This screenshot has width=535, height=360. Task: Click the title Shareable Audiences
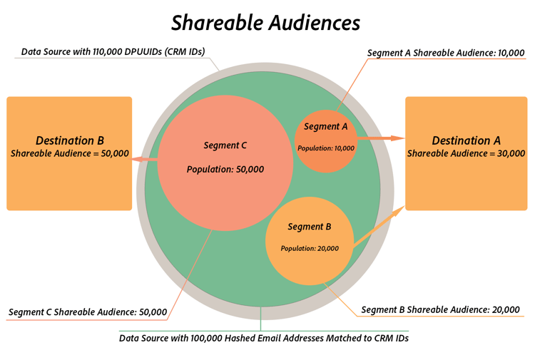point(265,23)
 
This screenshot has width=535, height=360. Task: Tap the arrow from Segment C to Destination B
point(146,160)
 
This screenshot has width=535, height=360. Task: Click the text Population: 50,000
point(225,170)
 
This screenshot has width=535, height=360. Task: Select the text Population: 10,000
point(325,148)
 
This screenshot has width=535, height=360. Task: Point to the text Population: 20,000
point(309,248)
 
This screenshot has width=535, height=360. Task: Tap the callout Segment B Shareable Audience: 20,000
point(441,309)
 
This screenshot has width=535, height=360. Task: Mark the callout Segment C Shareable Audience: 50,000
point(88,312)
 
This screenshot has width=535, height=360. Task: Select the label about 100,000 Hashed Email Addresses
point(263,338)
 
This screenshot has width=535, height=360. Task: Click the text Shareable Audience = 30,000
point(466,153)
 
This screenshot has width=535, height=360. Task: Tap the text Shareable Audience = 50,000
point(69,153)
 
